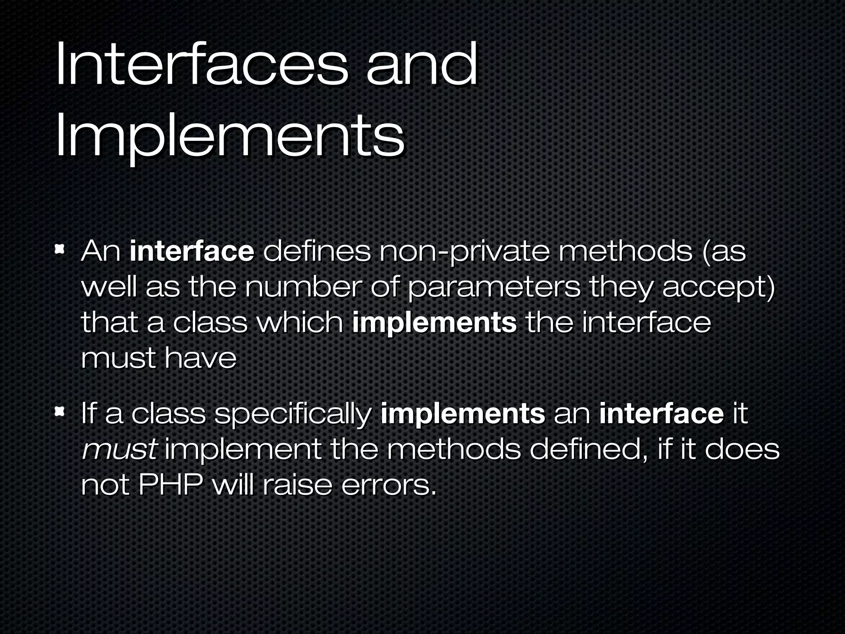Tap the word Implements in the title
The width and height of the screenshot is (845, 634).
click(229, 136)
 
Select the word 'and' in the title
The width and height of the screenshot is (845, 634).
click(422, 66)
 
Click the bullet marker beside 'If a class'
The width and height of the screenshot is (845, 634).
click(60, 411)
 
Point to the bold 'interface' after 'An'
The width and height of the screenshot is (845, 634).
click(191, 251)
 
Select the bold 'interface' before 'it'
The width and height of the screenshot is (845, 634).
click(661, 413)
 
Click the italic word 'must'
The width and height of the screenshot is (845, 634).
click(119, 450)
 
